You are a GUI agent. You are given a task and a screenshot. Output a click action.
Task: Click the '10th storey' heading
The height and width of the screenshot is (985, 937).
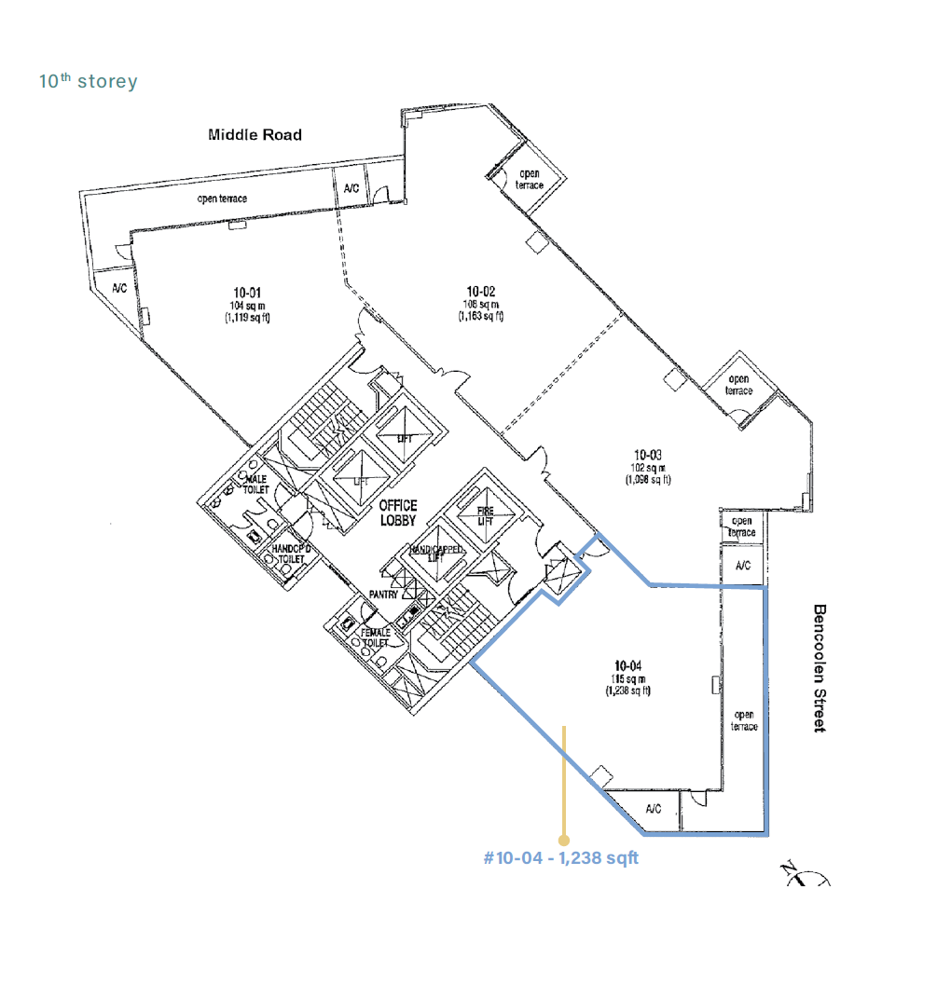click(x=88, y=82)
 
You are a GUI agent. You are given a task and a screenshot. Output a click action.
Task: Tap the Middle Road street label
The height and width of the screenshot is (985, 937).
click(x=255, y=135)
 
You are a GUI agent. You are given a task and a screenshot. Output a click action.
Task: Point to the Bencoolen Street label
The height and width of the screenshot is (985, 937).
click(x=820, y=668)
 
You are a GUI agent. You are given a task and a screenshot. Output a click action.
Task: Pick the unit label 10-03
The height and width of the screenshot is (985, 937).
click(x=647, y=457)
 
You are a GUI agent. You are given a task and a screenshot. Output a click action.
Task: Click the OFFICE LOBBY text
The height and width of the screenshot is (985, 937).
click(x=398, y=512)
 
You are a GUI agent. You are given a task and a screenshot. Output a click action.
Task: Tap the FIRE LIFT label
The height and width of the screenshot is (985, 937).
click(x=486, y=516)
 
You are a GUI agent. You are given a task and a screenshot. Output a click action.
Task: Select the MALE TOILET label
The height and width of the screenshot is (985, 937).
click(x=256, y=484)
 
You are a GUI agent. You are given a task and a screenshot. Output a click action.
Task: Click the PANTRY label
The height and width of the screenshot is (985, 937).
click(x=383, y=595)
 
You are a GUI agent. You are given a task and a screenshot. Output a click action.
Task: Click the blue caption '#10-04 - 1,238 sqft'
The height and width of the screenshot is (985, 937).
click(x=561, y=857)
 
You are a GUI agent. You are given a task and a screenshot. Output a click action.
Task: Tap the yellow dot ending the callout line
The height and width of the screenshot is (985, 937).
click(x=563, y=840)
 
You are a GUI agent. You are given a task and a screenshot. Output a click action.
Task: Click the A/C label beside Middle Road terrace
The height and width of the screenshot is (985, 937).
click(x=351, y=188)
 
